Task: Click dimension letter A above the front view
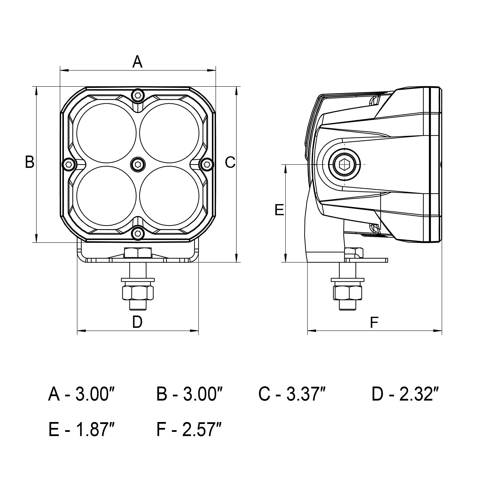(x=137, y=62)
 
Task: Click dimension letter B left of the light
(x=30, y=162)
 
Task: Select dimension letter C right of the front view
(x=230, y=162)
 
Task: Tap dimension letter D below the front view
(x=137, y=322)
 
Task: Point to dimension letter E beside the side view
(x=279, y=210)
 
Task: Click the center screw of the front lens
(x=138, y=164)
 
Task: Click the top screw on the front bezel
(x=138, y=95)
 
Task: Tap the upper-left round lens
(x=106, y=133)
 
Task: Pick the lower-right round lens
(x=169, y=196)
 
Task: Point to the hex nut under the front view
(x=138, y=293)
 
